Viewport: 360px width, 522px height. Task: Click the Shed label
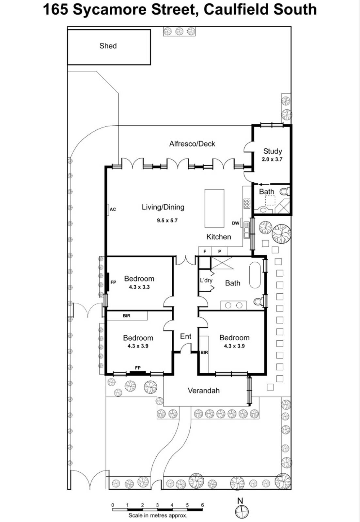coord(108,46)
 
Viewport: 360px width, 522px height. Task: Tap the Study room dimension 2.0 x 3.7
coord(272,160)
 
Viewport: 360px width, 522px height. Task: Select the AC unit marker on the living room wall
coord(109,209)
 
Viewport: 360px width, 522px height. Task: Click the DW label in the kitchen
coord(235,223)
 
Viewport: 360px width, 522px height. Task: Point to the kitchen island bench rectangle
coord(214,208)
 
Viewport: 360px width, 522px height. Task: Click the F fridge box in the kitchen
coord(205,251)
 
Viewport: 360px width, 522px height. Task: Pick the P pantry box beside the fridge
coord(220,251)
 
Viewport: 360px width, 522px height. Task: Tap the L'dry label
coord(206,280)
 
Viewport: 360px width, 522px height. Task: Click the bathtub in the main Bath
coord(255,275)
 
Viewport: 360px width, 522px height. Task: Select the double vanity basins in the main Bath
coord(234,305)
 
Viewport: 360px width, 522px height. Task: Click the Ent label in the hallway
coord(185,336)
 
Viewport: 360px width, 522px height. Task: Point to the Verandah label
coord(203,391)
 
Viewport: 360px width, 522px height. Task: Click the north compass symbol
coord(242,511)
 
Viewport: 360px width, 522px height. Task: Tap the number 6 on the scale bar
coord(202,505)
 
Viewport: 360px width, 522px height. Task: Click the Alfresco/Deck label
coord(192,144)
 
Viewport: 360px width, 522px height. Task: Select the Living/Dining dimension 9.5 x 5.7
coord(167,221)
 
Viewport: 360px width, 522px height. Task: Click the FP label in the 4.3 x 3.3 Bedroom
coord(113,282)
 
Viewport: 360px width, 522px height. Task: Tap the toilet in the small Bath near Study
coord(285,191)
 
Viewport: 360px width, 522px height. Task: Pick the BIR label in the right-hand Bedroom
coord(204,352)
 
